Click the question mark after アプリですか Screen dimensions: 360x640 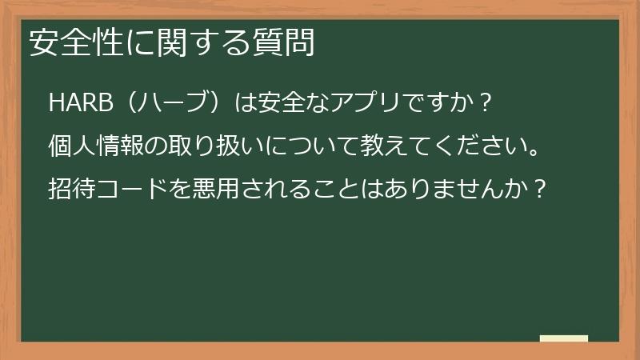[x=479, y=104]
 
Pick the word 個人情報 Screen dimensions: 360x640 [x=95, y=147]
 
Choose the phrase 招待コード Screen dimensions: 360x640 [x=107, y=190]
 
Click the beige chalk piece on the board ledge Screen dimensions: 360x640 [x=563, y=338]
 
